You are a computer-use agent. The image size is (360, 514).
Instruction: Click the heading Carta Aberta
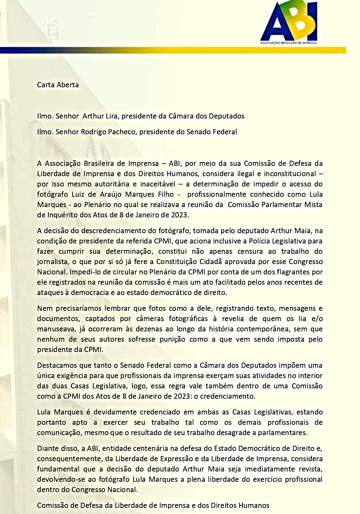tap(58, 85)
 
